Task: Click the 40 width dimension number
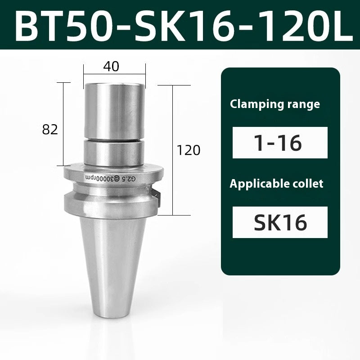tap(111, 66)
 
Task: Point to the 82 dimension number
tap(50, 130)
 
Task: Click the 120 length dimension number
tap(189, 150)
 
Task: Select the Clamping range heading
tap(275, 104)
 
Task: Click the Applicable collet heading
tap(276, 184)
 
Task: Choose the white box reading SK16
tap(279, 222)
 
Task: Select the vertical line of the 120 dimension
tap(172, 148)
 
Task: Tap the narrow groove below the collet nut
tap(114, 139)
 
